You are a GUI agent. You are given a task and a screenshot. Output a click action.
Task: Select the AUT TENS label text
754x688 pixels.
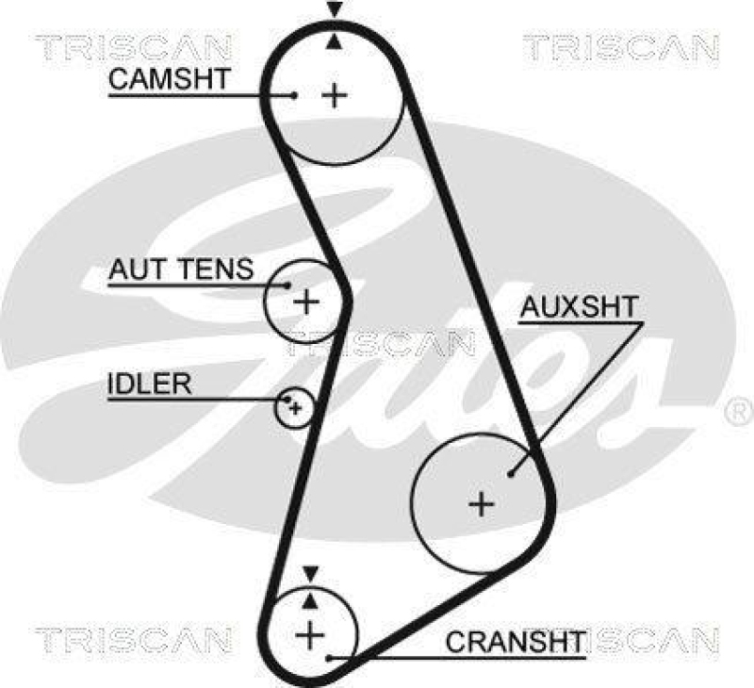[181, 270]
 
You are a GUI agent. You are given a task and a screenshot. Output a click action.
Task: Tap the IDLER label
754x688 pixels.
[149, 384]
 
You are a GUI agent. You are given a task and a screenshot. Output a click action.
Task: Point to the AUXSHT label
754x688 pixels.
[580, 306]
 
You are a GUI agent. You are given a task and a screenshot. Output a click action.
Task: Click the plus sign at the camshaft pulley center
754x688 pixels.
[334, 94]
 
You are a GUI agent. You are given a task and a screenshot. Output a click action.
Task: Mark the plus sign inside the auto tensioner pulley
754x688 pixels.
[306, 302]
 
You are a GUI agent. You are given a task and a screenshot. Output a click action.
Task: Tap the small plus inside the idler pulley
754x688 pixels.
[295, 407]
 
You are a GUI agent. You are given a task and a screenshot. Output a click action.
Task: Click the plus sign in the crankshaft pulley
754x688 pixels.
[309, 634]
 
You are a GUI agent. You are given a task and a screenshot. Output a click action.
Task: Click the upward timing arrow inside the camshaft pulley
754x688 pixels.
[334, 41]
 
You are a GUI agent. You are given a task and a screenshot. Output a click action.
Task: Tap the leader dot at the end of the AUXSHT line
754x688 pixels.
[511, 473]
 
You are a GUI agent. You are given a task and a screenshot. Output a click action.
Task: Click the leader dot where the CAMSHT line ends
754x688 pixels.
[295, 94]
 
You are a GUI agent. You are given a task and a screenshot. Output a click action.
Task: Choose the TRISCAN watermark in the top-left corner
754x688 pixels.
[133, 46]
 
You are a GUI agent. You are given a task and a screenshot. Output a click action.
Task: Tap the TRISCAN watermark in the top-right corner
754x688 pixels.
[620, 46]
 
